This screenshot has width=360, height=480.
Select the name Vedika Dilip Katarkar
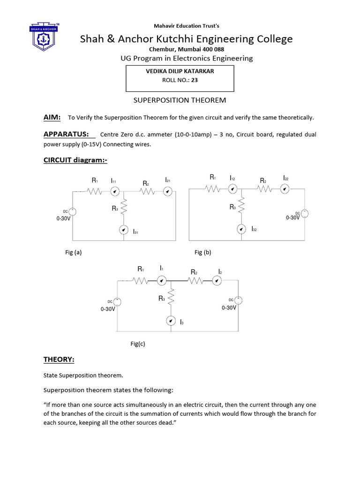click(x=180, y=72)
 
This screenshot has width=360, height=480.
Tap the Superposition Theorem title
click(x=180, y=100)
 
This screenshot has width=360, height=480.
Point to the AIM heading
click(x=52, y=117)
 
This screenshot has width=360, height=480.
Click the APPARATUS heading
click(x=66, y=135)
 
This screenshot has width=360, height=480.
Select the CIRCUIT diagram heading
click(x=75, y=160)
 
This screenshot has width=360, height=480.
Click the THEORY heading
click(x=59, y=360)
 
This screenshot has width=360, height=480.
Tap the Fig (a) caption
click(x=74, y=252)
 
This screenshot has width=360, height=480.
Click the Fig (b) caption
click(x=203, y=252)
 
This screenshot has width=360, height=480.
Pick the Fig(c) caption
click(x=138, y=344)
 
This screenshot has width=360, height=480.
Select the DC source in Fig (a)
click(x=72, y=212)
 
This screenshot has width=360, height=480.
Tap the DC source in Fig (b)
click(x=304, y=213)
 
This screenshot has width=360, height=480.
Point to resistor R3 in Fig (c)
click(x=172, y=296)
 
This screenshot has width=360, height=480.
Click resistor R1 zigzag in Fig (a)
click(x=95, y=191)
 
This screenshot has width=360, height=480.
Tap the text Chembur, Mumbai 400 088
click(x=180, y=49)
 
